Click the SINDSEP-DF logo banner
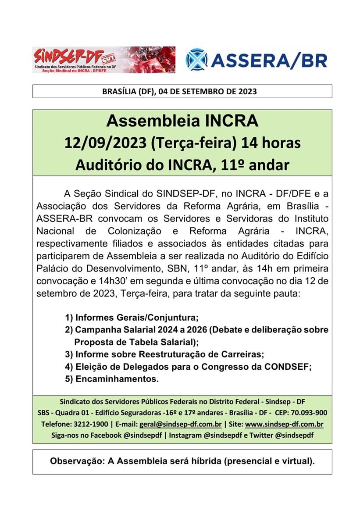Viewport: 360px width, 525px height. [103, 60]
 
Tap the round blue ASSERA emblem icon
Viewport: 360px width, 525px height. [196, 60]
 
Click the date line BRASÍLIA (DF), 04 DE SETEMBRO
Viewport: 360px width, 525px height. [179, 92]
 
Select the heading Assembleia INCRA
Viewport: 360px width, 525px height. [182, 121]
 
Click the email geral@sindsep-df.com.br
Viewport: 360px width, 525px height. [180, 425]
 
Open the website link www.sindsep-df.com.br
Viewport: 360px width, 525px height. [284, 425]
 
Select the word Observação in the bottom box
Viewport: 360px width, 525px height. [75, 461]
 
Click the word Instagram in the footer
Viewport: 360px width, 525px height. [185, 436]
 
